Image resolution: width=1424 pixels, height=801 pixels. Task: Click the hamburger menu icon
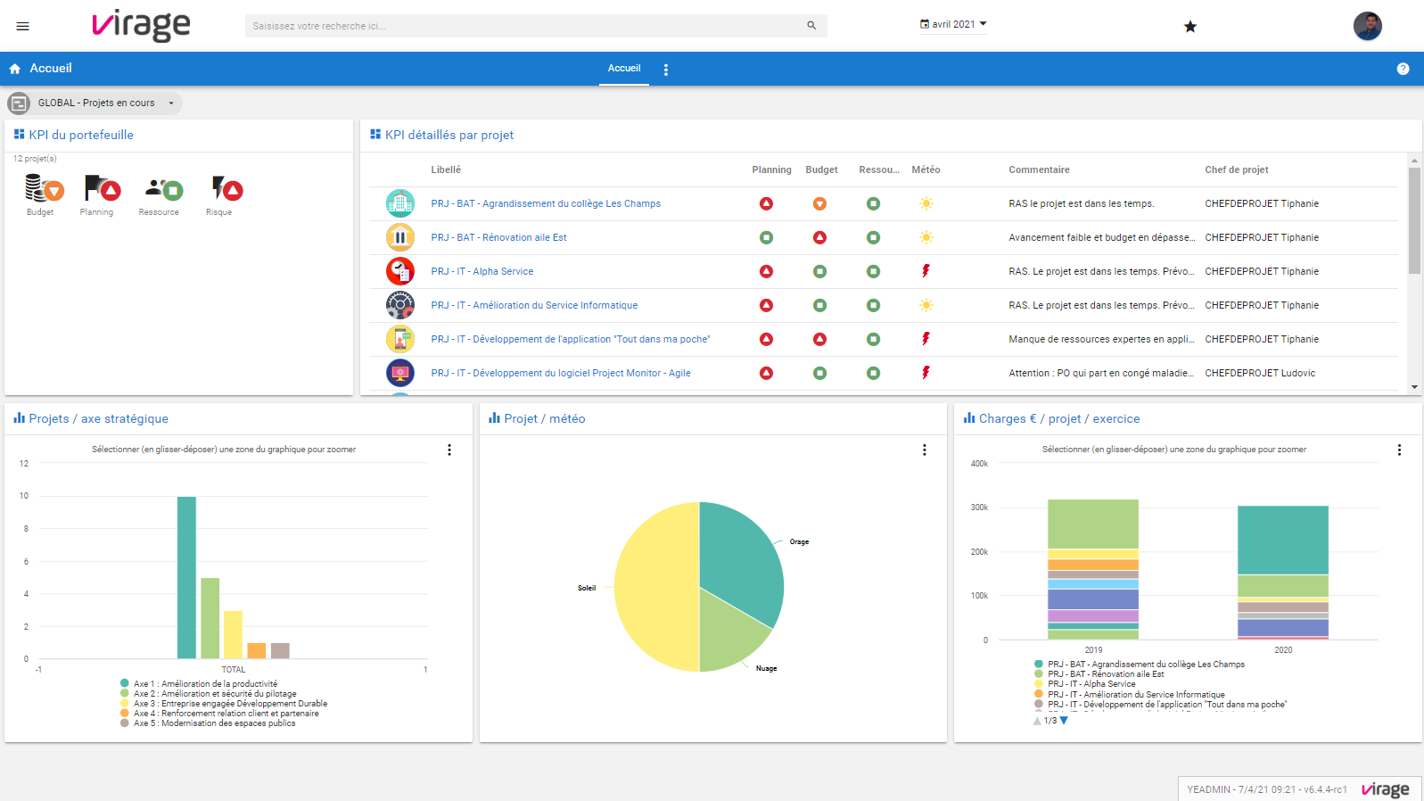click(x=23, y=26)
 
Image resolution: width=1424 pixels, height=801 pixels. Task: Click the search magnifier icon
click(x=811, y=26)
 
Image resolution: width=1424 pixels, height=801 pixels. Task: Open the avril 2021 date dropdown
click(x=953, y=25)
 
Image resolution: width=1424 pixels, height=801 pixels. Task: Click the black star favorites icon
click(x=1189, y=27)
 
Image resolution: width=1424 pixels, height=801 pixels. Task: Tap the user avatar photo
click(x=1367, y=26)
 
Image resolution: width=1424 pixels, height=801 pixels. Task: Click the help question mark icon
click(x=1403, y=69)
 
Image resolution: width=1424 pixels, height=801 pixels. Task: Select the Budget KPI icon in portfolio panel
click(x=42, y=189)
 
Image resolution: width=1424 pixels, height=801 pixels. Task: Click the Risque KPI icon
click(x=226, y=189)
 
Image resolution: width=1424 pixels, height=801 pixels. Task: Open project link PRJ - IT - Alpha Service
click(x=482, y=271)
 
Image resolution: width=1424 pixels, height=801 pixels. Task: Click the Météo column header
click(x=926, y=169)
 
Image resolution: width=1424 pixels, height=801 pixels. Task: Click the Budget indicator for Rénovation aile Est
click(x=819, y=237)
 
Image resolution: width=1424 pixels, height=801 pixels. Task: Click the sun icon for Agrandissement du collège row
click(x=926, y=203)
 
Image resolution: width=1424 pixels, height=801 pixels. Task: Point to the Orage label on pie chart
click(x=799, y=541)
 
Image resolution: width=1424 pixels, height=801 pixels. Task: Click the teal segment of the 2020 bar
click(x=1282, y=540)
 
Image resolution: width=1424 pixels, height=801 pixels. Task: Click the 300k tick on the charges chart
click(x=979, y=508)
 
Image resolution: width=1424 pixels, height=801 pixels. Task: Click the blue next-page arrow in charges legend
click(x=1064, y=721)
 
